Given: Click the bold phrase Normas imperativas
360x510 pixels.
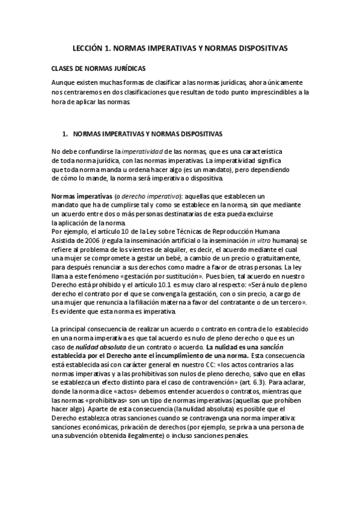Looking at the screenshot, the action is coord(76,196).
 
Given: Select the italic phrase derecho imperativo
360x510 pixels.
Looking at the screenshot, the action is coord(132,196).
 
